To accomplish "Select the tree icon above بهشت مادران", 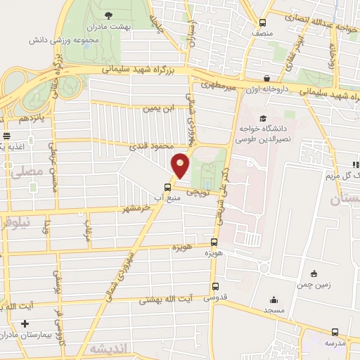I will point(108,14).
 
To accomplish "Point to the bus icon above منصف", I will point(262,22).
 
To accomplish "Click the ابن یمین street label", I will point(157,109).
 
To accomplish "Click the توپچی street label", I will point(197,188).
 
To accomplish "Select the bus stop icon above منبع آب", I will point(167,187).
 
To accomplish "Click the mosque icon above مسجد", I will point(274,300).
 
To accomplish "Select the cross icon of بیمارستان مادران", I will point(25,324).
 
